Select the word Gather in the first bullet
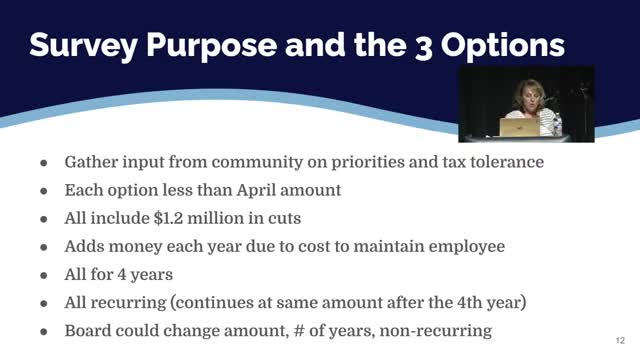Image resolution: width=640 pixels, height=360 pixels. pos(95,162)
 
